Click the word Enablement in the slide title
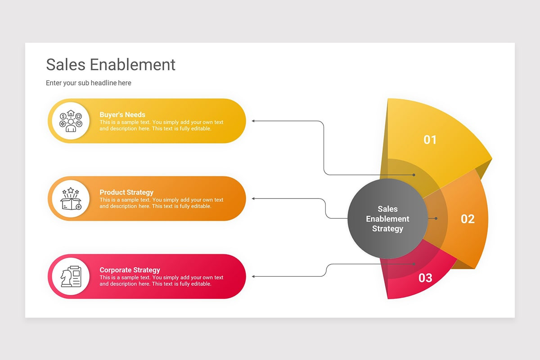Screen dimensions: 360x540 pyautogui.click(x=132, y=65)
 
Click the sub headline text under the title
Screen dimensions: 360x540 pyautogui.click(x=89, y=83)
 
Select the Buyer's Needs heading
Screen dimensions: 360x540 pyautogui.click(x=122, y=115)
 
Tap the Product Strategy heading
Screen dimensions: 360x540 pyautogui.click(x=126, y=192)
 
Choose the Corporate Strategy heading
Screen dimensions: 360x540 pyautogui.click(x=130, y=270)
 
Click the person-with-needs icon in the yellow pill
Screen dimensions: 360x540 pyautogui.click(x=71, y=121)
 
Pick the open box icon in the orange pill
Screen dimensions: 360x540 pyautogui.click(x=71, y=198)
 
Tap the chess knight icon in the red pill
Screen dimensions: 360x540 pyautogui.click(x=71, y=276)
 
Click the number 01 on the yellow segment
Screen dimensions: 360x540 pyautogui.click(x=430, y=140)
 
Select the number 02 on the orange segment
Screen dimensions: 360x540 pyautogui.click(x=468, y=219)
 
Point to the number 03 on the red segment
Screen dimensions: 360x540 pyautogui.click(x=425, y=278)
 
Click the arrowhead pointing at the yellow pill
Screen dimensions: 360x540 pyautogui.click(x=253, y=121)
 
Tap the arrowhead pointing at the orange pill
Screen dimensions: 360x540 pyautogui.click(x=253, y=198)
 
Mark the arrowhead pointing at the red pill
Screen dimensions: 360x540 pyautogui.click(x=253, y=276)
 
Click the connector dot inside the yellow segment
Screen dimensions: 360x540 pyautogui.click(x=414, y=175)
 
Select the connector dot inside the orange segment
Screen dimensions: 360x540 pyautogui.click(x=436, y=219)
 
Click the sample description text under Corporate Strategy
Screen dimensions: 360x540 pyautogui.click(x=161, y=281)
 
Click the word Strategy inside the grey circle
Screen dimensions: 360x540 pyautogui.click(x=387, y=229)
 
